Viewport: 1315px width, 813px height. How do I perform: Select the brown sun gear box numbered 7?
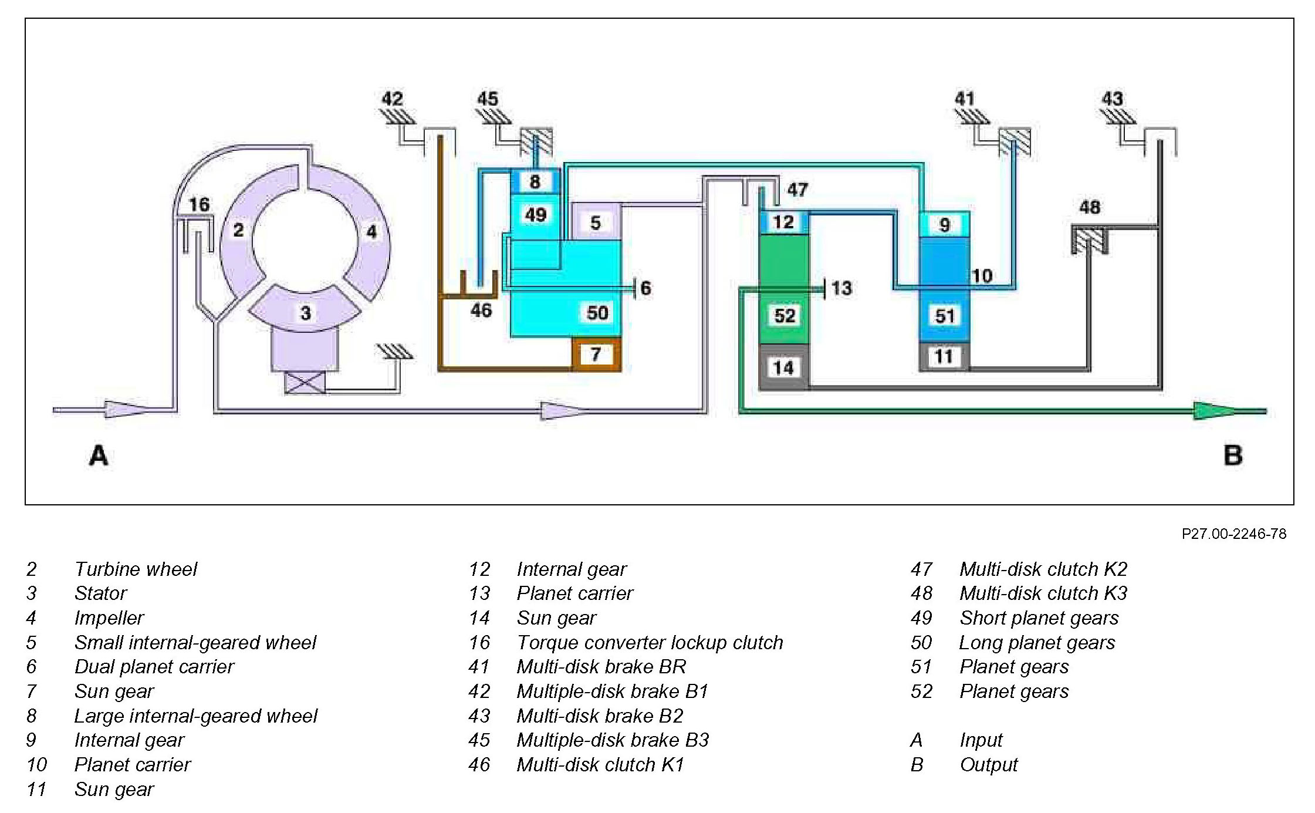[x=596, y=354]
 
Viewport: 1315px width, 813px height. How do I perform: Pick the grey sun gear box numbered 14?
[x=783, y=368]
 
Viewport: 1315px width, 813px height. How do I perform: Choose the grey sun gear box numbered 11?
[x=944, y=356]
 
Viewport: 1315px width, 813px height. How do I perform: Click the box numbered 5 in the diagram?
[x=596, y=222]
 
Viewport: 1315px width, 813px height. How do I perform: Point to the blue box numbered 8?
[x=535, y=181]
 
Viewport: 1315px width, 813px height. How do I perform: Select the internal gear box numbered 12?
[x=783, y=222]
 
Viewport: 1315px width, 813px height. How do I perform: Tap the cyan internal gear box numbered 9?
[x=944, y=224]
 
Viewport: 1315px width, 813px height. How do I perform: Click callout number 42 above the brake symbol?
[x=393, y=99]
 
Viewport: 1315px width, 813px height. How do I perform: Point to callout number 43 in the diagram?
[x=1112, y=99]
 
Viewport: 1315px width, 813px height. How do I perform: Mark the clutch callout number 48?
[x=1090, y=207]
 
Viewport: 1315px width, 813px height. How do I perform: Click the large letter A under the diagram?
[x=99, y=456]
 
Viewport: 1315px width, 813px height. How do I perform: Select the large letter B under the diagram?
[x=1233, y=456]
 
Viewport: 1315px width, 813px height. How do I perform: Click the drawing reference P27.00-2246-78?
[x=1233, y=534]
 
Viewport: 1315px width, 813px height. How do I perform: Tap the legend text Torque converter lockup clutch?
[x=650, y=642]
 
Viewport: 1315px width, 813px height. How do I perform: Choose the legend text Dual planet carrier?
[x=154, y=666]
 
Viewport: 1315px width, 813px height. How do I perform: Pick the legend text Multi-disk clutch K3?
[x=1043, y=593]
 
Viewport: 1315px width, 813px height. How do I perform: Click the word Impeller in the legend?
[x=109, y=618]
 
